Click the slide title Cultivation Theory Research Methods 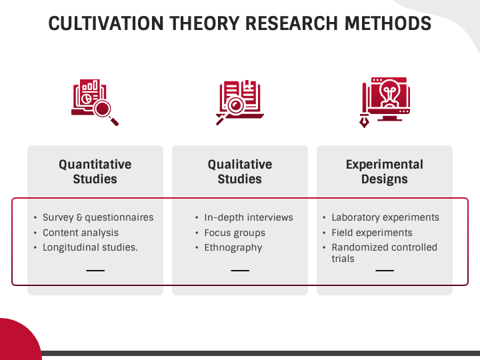coord(240,23)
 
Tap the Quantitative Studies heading coord(95,171)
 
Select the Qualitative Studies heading coord(240,171)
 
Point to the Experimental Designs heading coord(385,171)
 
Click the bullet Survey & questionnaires coord(98,217)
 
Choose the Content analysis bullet coord(81,233)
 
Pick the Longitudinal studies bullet coord(90,247)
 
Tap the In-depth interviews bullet coord(249,217)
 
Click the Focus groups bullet coord(235,233)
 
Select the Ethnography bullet coord(233,247)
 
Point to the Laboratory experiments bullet coord(385,217)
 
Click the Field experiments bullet coord(372,233)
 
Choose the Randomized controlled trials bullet coord(384,253)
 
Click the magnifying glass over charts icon coord(95,102)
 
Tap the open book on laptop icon coord(240,102)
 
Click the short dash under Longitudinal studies coord(95,271)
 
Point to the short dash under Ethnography coord(240,271)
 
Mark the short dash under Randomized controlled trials coord(385,271)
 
